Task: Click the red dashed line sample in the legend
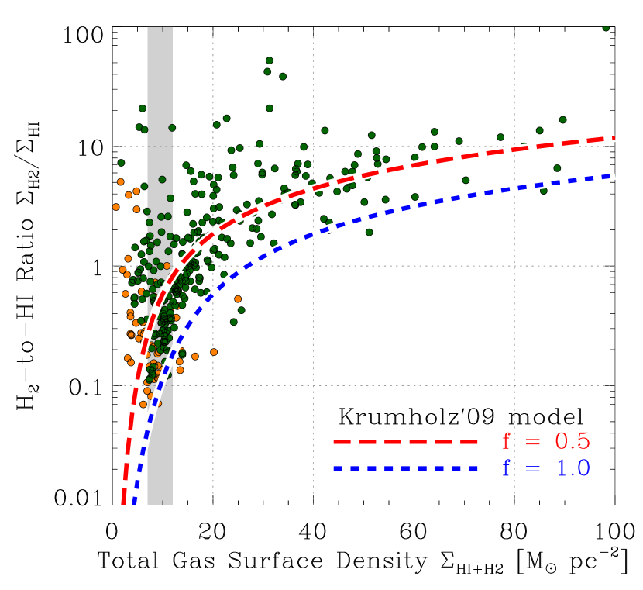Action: [407, 441]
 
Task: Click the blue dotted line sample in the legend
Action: [407, 468]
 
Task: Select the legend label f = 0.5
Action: [546, 441]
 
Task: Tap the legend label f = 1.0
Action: [546, 468]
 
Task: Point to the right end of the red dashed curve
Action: [613, 138]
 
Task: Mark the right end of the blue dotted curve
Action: [613, 176]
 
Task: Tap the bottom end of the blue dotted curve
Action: [134, 502]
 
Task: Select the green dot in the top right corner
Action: [606, 27]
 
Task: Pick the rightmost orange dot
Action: [238, 298]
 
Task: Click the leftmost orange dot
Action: [116, 207]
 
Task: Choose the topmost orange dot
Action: [120, 181]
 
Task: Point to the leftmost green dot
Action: [121, 163]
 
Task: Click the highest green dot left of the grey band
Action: [143, 109]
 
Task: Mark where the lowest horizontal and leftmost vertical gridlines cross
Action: [213, 385]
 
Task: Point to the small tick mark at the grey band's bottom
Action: [160, 502]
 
